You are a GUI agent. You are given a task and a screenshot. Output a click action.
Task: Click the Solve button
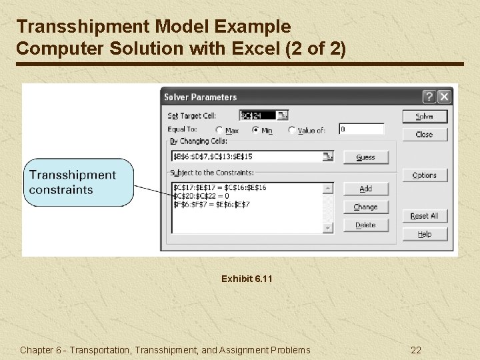(425, 116)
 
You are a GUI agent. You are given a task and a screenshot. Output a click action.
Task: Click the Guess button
(365, 157)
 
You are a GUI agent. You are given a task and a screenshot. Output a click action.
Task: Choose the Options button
(425, 175)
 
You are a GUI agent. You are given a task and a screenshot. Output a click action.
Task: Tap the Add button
(365, 189)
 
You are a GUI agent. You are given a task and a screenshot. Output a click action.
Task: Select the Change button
(365, 207)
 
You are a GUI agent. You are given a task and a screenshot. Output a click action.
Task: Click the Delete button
(365, 225)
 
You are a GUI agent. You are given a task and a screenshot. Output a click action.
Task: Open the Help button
(425, 234)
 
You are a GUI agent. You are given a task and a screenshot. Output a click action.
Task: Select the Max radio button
(219, 131)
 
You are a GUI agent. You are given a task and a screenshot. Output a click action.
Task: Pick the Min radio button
(255, 131)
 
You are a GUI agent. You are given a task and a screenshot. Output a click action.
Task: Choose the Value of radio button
(291, 131)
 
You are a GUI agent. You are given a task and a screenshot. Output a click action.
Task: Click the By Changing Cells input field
(247, 157)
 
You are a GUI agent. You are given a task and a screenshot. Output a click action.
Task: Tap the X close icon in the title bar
(444, 97)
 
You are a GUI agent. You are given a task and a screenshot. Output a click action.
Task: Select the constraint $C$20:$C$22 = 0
(201, 196)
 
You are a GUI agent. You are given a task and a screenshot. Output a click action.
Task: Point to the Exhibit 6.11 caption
(247, 279)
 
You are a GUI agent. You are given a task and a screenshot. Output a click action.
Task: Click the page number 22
(416, 350)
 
